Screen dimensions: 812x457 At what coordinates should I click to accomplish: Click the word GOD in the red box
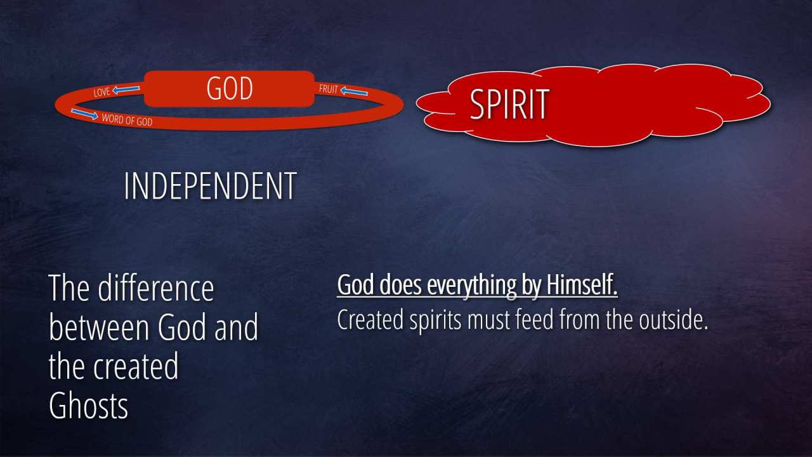(230, 88)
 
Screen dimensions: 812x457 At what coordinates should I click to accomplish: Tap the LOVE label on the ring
(101, 92)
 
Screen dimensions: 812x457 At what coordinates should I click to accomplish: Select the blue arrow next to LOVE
(126, 89)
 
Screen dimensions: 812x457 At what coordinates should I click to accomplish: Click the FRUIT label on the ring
(329, 89)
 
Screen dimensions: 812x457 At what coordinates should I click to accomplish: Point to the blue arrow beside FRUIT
(354, 91)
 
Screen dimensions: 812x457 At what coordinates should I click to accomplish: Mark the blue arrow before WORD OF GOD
(84, 114)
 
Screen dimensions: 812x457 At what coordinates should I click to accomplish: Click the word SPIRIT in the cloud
(509, 105)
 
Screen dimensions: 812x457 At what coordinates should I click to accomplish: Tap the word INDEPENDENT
(210, 186)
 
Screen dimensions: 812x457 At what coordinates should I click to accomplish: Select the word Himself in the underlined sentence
(582, 285)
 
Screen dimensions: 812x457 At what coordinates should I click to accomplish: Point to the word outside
(673, 320)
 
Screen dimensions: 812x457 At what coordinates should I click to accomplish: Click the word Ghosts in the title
(88, 406)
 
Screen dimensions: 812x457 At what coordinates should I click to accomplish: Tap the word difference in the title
(156, 288)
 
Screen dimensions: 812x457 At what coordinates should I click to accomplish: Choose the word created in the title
(136, 367)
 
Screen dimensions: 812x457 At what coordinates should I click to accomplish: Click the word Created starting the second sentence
(370, 319)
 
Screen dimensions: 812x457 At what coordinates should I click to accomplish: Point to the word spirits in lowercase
(435, 321)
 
